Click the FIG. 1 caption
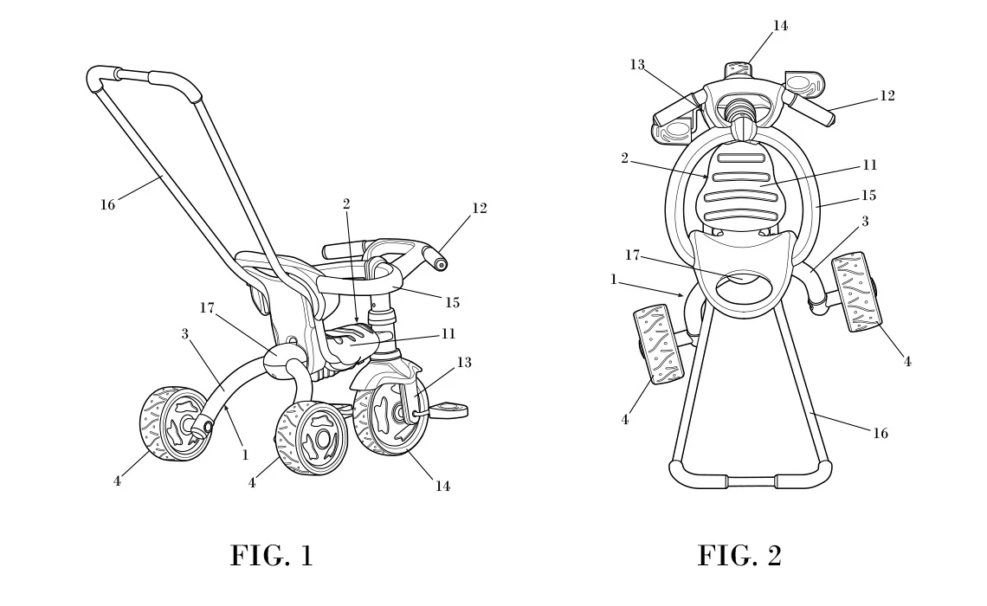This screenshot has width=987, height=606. click(271, 555)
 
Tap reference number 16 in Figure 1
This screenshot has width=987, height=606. click(107, 205)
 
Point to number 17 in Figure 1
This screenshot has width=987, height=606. click(206, 306)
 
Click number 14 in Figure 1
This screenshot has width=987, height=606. click(442, 487)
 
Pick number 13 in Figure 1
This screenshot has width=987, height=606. click(464, 362)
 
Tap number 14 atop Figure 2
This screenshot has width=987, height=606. click(780, 25)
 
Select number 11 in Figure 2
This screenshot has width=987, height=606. click(870, 164)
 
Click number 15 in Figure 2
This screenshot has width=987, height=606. click(869, 196)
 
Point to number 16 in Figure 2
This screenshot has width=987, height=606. click(880, 433)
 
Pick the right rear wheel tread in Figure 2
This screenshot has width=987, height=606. click(858, 290)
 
